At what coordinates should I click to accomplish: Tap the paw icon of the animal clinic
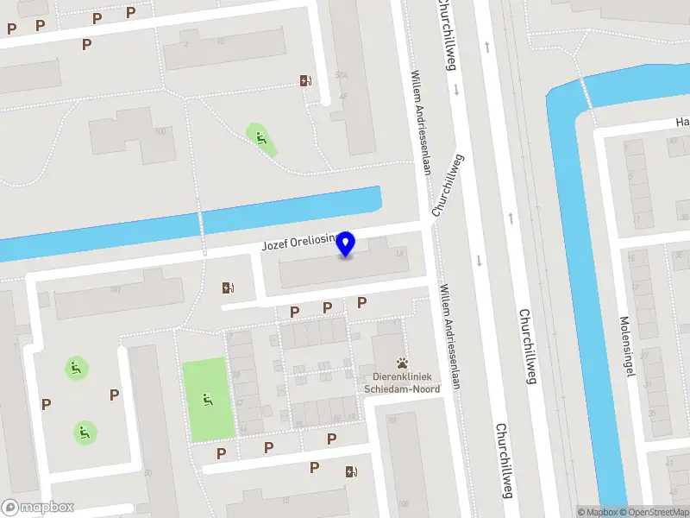pyautogui.click(x=401, y=363)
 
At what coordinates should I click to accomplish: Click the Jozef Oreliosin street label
pyautogui.click(x=298, y=245)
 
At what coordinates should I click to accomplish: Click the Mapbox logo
pyautogui.click(x=37, y=508)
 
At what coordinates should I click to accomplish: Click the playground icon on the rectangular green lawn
pyautogui.click(x=207, y=399)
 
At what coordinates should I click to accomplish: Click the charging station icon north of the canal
pyautogui.click(x=306, y=81)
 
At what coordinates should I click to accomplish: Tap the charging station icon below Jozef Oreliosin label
pyautogui.click(x=228, y=288)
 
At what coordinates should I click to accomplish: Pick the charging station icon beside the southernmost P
pyautogui.click(x=350, y=471)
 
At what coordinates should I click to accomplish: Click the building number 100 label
pyautogui.click(x=160, y=131)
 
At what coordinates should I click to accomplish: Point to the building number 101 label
pyautogui.click(x=115, y=288)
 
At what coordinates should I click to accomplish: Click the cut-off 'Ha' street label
pyautogui.click(x=681, y=122)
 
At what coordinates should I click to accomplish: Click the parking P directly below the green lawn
pyautogui.click(x=222, y=453)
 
